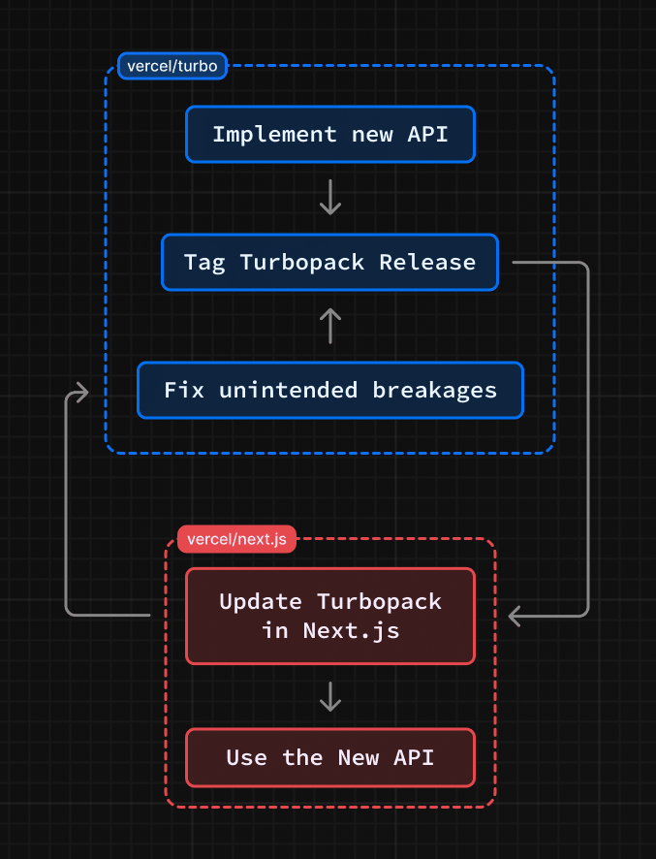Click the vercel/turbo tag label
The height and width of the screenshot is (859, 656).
(x=172, y=66)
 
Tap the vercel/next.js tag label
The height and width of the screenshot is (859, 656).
(x=236, y=539)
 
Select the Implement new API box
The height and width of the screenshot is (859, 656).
(x=330, y=134)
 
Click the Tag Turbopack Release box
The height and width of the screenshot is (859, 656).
(x=330, y=263)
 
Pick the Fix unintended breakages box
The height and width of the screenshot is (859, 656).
(x=330, y=390)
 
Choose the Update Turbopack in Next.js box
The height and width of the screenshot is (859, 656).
(x=330, y=617)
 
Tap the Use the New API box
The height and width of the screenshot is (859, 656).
(x=330, y=757)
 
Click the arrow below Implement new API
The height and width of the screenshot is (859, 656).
(x=330, y=197)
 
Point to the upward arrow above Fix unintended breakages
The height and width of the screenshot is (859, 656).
(x=330, y=326)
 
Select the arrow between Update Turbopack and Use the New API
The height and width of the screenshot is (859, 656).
(x=330, y=696)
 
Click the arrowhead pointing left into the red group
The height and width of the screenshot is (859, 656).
(x=515, y=617)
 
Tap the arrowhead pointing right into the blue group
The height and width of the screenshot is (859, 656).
(x=82, y=393)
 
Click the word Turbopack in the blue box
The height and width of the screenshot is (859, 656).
(x=301, y=263)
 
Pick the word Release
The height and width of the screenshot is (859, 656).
(x=427, y=263)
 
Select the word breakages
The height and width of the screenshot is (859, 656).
(x=435, y=390)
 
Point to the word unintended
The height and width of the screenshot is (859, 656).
(x=288, y=390)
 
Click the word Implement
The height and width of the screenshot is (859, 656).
(x=274, y=135)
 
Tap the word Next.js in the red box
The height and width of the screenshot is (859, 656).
(x=351, y=631)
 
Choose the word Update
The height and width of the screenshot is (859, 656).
(x=261, y=602)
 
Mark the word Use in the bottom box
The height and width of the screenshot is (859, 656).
(x=247, y=757)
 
